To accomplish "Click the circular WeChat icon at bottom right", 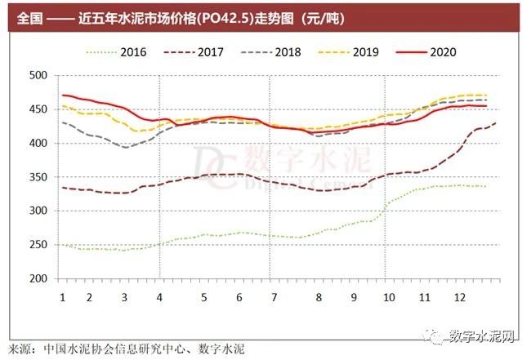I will tap(435, 335).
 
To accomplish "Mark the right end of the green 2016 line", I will tap(488, 186).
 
